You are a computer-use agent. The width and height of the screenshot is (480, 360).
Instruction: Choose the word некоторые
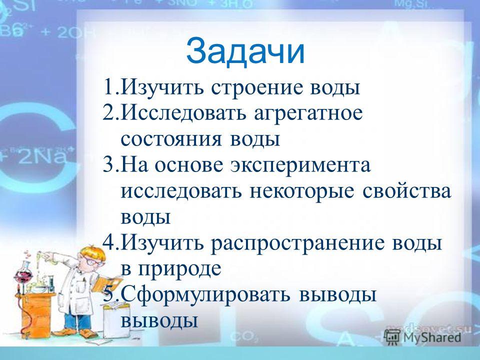coord(301,192)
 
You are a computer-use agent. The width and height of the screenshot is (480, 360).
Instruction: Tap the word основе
coord(189,165)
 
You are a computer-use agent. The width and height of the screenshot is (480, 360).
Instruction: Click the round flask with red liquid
coord(23,274)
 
